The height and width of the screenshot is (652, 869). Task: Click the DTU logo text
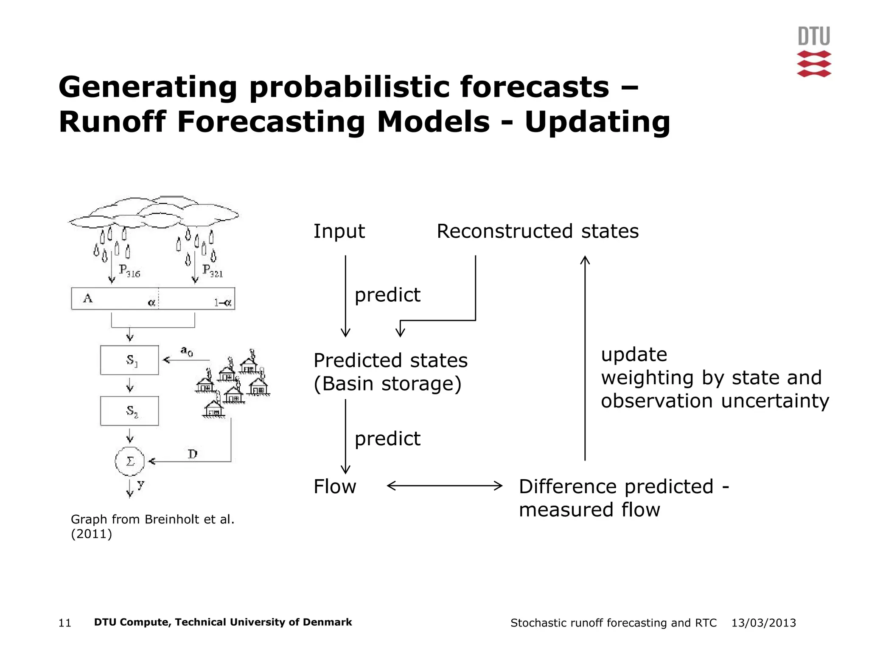813,37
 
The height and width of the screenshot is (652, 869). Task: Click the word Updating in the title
597,122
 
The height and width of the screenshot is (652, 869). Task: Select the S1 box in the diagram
129,360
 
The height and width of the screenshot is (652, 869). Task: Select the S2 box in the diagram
129,411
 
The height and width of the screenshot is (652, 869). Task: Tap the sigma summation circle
130,461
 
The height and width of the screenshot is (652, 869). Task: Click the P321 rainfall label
213,271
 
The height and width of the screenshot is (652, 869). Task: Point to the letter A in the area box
88,298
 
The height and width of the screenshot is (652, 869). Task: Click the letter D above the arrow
193,454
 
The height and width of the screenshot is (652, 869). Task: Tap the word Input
339,231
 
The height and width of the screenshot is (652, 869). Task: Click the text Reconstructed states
537,231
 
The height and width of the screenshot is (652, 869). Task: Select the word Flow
334,486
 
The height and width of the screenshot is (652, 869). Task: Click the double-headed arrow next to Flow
444,486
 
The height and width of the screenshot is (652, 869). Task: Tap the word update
634,354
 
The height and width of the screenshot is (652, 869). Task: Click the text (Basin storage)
387,384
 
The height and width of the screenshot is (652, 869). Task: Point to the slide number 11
64,623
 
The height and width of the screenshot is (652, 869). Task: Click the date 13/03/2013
763,623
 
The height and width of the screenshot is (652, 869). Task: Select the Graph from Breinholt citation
152,526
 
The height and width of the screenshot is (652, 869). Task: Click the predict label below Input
387,295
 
